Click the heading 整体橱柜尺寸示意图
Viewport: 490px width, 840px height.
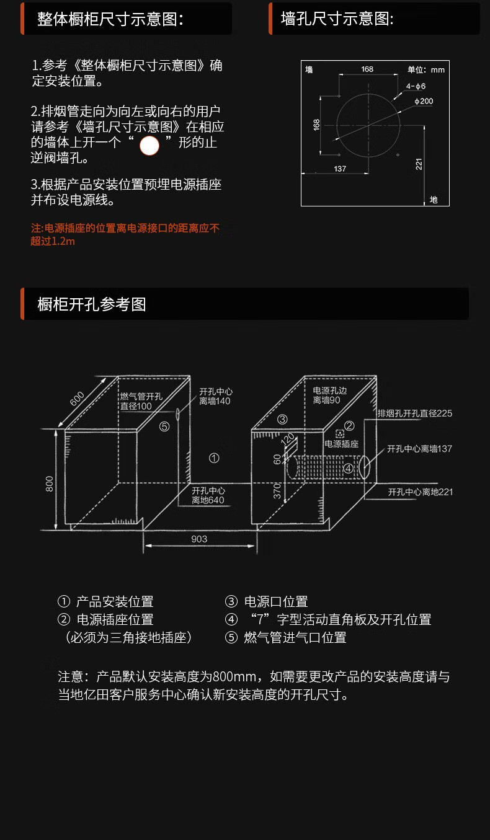(110, 19)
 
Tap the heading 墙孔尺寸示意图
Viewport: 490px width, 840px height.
(337, 19)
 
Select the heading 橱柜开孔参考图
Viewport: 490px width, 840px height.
(92, 304)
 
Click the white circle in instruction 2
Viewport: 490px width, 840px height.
(149, 146)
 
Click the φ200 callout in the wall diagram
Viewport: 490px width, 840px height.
(424, 101)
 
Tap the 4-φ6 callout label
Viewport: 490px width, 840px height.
(416, 86)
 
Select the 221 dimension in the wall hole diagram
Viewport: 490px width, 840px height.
(419, 164)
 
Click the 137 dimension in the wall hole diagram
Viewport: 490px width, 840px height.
(340, 169)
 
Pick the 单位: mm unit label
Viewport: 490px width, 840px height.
(426, 70)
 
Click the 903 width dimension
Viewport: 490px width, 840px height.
(199, 539)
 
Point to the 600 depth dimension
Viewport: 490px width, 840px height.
(77, 399)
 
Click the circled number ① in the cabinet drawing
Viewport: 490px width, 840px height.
(214, 458)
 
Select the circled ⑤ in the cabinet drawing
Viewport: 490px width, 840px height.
(164, 427)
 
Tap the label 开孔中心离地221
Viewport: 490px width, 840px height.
(421, 492)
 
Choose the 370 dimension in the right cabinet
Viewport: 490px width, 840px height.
(277, 491)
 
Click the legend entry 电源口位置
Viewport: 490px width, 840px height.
(275, 601)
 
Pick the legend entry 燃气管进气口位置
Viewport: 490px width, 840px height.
(295, 637)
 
